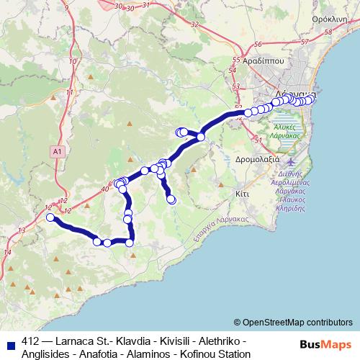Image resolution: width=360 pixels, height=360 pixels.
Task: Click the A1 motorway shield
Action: click(x=58, y=151)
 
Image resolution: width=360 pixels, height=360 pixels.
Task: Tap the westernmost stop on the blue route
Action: click(x=50, y=217)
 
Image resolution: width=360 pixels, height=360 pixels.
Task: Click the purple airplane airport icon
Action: click(x=290, y=158)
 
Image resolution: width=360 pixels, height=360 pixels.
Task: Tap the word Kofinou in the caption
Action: click(x=185, y=354)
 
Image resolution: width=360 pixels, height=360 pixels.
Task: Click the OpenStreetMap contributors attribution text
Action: click(x=297, y=323)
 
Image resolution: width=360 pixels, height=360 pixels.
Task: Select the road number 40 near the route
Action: click(x=105, y=189)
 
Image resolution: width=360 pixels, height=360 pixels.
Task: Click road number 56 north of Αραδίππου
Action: click(x=257, y=44)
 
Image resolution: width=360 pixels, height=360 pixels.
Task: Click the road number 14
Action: click(x=8, y=252)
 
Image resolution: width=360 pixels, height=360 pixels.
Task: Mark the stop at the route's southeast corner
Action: click(x=130, y=243)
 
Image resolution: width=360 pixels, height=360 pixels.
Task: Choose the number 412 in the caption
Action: click(x=31, y=341)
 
